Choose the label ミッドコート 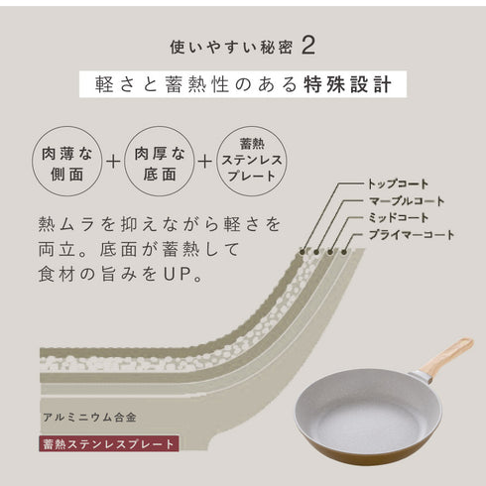point(400,217)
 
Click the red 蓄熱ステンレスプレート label point(108,444)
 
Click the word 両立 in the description point(50,245)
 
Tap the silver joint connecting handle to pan point(421,375)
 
